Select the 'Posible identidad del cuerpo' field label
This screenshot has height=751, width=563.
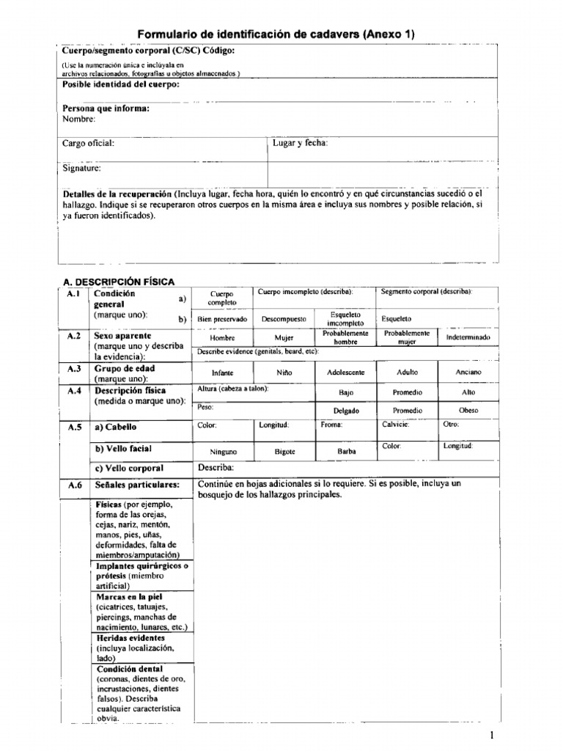click(x=120, y=84)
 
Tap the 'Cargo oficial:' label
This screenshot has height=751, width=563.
click(x=88, y=144)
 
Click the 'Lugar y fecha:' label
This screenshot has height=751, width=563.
click(x=301, y=144)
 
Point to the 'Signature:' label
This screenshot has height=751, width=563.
click(x=81, y=168)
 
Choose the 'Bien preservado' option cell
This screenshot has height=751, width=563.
click(x=222, y=320)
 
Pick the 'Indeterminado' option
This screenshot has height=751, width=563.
click(x=468, y=337)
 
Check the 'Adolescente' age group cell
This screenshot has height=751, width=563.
click(x=345, y=373)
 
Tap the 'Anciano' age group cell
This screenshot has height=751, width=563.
click(x=468, y=373)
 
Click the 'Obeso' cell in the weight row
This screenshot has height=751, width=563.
click(x=468, y=411)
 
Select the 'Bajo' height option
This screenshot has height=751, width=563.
click(x=345, y=392)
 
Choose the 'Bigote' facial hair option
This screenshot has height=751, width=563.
click(x=284, y=452)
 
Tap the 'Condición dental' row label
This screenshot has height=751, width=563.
click(x=130, y=669)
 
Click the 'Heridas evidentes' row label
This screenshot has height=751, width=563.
click(x=130, y=638)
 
